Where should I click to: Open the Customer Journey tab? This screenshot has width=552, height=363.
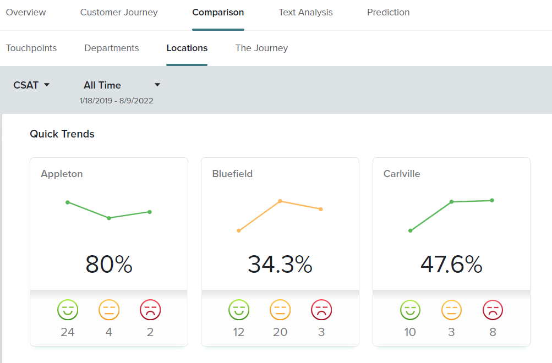119,12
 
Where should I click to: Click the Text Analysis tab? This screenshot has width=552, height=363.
305,12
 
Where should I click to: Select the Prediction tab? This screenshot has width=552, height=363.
388,12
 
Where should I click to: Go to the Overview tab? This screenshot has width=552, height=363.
26,12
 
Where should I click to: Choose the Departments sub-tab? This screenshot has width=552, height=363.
111,48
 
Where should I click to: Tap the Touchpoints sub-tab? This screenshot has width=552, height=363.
31,48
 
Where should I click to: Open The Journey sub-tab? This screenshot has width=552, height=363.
261,48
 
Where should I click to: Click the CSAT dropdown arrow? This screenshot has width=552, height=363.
47,85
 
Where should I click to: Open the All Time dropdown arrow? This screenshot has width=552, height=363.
157,85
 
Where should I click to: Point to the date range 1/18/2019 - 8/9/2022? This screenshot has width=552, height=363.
116,101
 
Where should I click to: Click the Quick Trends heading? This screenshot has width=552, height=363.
62,134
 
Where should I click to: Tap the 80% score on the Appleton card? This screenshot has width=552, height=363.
109,265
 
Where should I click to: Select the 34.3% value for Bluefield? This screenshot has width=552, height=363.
280,265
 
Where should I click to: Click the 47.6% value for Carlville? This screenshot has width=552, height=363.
451,265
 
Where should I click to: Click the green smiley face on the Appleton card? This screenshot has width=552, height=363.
68,310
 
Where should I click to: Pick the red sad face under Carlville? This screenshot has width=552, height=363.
493,310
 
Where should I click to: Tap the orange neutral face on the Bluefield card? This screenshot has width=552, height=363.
280,310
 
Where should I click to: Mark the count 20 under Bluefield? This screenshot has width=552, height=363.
280,332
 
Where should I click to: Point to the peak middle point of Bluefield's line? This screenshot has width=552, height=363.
280,201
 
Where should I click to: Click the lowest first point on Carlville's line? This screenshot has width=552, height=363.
411,230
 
